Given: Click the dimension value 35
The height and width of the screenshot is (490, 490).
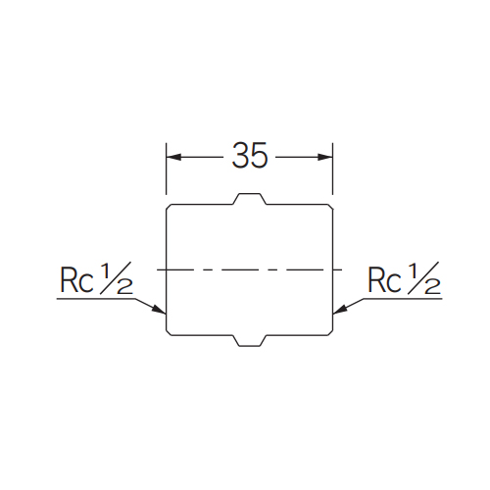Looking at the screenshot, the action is [x=250, y=156].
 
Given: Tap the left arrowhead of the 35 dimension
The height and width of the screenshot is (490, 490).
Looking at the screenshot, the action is [x=173, y=157].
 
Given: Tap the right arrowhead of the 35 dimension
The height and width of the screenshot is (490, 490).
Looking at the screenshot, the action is [x=325, y=157].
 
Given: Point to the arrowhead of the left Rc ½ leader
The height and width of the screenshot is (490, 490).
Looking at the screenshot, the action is [x=160, y=310].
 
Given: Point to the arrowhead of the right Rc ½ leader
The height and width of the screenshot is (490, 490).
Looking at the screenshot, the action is [x=340, y=310].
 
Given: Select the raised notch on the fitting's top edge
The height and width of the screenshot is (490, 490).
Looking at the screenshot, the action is [x=250, y=199].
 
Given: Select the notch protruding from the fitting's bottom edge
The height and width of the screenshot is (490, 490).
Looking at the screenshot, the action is [x=250, y=341].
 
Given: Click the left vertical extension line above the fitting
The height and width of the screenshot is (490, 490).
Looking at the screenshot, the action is [x=167, y=169].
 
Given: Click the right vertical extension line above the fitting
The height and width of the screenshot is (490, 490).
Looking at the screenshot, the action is [x=332, y=169].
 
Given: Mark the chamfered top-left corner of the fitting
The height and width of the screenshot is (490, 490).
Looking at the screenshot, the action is [x=169, y=207].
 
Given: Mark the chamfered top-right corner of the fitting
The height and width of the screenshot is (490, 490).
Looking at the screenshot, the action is [x=330, y=207].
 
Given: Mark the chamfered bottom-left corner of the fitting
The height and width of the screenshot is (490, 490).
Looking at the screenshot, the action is [x=169, y=332].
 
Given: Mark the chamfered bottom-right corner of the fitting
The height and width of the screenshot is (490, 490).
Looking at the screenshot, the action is [x=330, y=332].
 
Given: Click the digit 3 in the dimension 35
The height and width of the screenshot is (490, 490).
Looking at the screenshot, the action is [x=241, y=156].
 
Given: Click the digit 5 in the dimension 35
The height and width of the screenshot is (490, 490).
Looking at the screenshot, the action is [x=259, y=156].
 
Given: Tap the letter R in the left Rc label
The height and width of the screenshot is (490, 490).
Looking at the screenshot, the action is [x=69, y=280].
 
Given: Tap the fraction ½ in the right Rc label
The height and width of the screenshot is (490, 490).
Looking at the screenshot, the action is [x=424, y=278].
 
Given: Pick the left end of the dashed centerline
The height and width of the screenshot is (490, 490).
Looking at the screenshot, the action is [x=158, y=269].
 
